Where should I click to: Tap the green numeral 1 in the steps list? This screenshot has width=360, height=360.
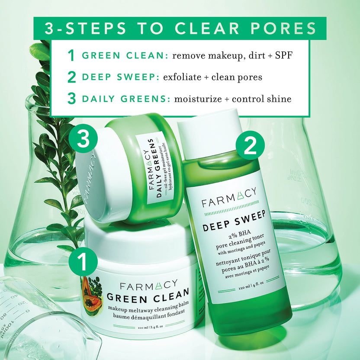point(71,55)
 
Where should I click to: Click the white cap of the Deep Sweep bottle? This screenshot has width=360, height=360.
point(209,130)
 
